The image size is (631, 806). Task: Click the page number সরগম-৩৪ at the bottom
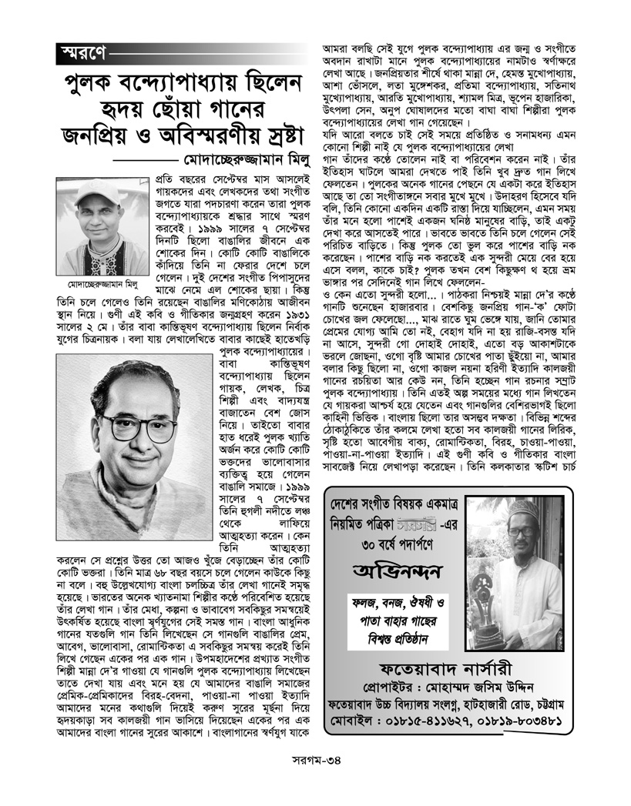tap(317, 780)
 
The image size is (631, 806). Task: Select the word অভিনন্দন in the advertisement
tap(398, 574)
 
